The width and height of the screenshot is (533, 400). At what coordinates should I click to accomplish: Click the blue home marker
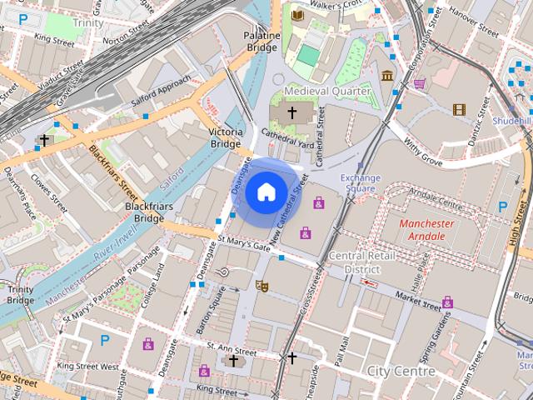(x=266, y=192)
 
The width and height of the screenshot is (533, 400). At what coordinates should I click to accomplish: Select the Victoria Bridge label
(x=226, y=137)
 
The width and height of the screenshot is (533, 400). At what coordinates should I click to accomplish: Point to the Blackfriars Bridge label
(x=143, y=212)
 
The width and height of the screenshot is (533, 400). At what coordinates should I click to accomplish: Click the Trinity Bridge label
(x=20, y=295)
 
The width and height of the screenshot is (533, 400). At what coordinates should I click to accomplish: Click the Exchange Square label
(x=361, y=183)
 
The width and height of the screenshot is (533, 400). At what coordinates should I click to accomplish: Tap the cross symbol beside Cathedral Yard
(x=292, y=111)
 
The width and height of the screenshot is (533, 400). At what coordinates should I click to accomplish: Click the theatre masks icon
(x=262, y=286)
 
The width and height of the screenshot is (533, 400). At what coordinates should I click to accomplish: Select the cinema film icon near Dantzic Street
(x=458, y=109)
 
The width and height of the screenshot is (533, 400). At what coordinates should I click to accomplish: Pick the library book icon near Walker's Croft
(x=297, y=14)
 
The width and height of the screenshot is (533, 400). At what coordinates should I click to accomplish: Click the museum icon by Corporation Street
(x=387, y=76)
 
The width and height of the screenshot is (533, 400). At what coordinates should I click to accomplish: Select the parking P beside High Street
(x=502, y=206)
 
